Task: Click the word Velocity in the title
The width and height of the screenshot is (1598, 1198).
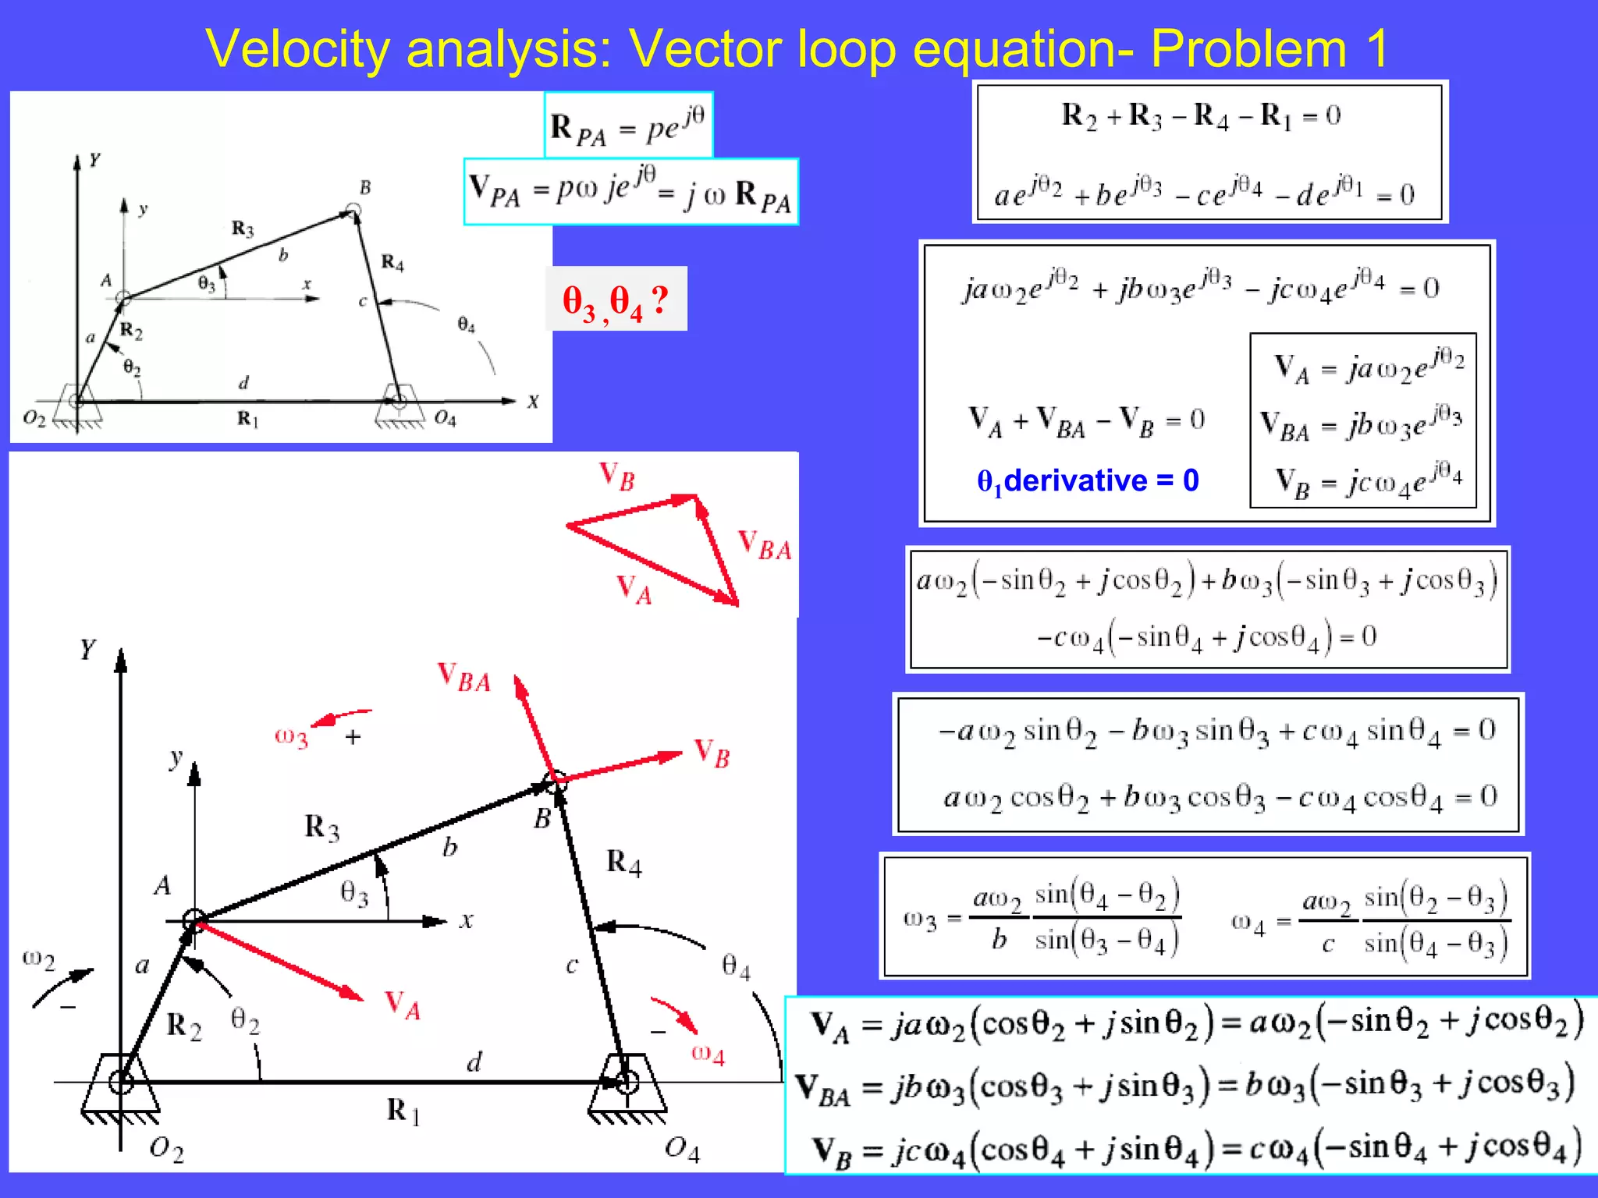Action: coord(297,48)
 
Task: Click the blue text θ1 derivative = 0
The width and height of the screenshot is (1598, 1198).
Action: coord(1088,481)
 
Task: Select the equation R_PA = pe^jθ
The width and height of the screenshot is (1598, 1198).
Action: coord(627,126)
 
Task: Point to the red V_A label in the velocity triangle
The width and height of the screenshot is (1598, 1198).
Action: coord(634,589)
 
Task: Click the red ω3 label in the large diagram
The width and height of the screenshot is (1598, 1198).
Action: coord(291,736)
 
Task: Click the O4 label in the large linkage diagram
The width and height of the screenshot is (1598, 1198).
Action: coord(682,1148)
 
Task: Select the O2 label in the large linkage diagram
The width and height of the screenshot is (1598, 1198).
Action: coord(166,1148)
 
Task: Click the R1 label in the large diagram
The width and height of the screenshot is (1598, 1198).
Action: coord(403,1111)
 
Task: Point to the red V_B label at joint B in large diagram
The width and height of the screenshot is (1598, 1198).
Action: coord(712,753)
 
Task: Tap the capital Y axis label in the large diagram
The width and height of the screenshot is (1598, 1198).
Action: coord(87,649)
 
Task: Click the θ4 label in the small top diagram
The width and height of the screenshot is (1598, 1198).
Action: coord(466,324)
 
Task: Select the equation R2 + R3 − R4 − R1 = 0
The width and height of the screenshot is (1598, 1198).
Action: coord(1201,116)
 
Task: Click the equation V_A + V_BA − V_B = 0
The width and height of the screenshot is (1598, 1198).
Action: coord(1086,421)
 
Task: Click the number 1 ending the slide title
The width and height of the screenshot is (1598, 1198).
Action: coord(1376,48)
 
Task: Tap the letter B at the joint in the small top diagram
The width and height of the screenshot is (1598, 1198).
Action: coord(364,187)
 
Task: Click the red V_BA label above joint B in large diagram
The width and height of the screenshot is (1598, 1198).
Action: coord(463,677)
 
